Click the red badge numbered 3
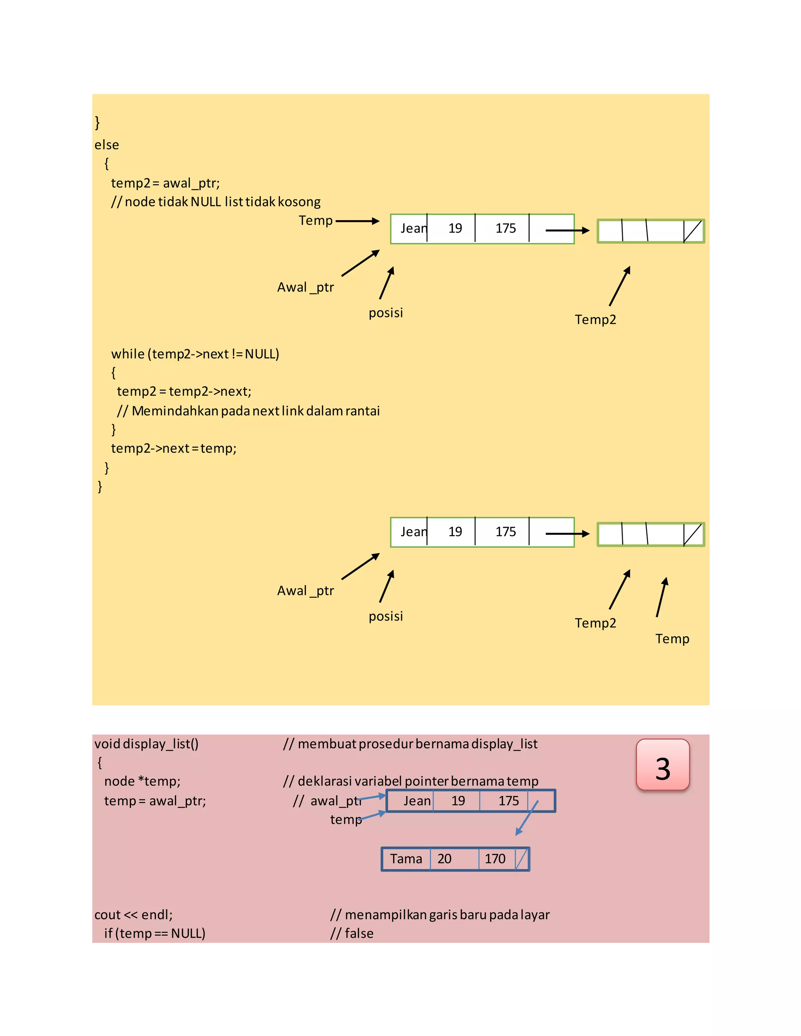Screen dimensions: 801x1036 663,764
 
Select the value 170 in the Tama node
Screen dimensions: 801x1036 495,859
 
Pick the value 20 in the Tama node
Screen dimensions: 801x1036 444,859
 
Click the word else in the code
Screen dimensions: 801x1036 107,145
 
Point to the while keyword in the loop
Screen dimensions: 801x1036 128,354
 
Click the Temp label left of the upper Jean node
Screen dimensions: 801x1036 316,220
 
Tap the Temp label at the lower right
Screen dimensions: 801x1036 672,638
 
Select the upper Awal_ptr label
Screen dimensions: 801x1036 305,287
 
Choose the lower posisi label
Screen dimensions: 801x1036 386,616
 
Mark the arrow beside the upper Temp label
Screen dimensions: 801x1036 357,221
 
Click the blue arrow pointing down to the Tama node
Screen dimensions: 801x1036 526,819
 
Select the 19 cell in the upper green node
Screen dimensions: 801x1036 455,229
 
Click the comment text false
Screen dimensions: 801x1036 359,933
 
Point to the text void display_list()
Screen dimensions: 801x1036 147,744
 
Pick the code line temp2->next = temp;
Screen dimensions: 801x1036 174,448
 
